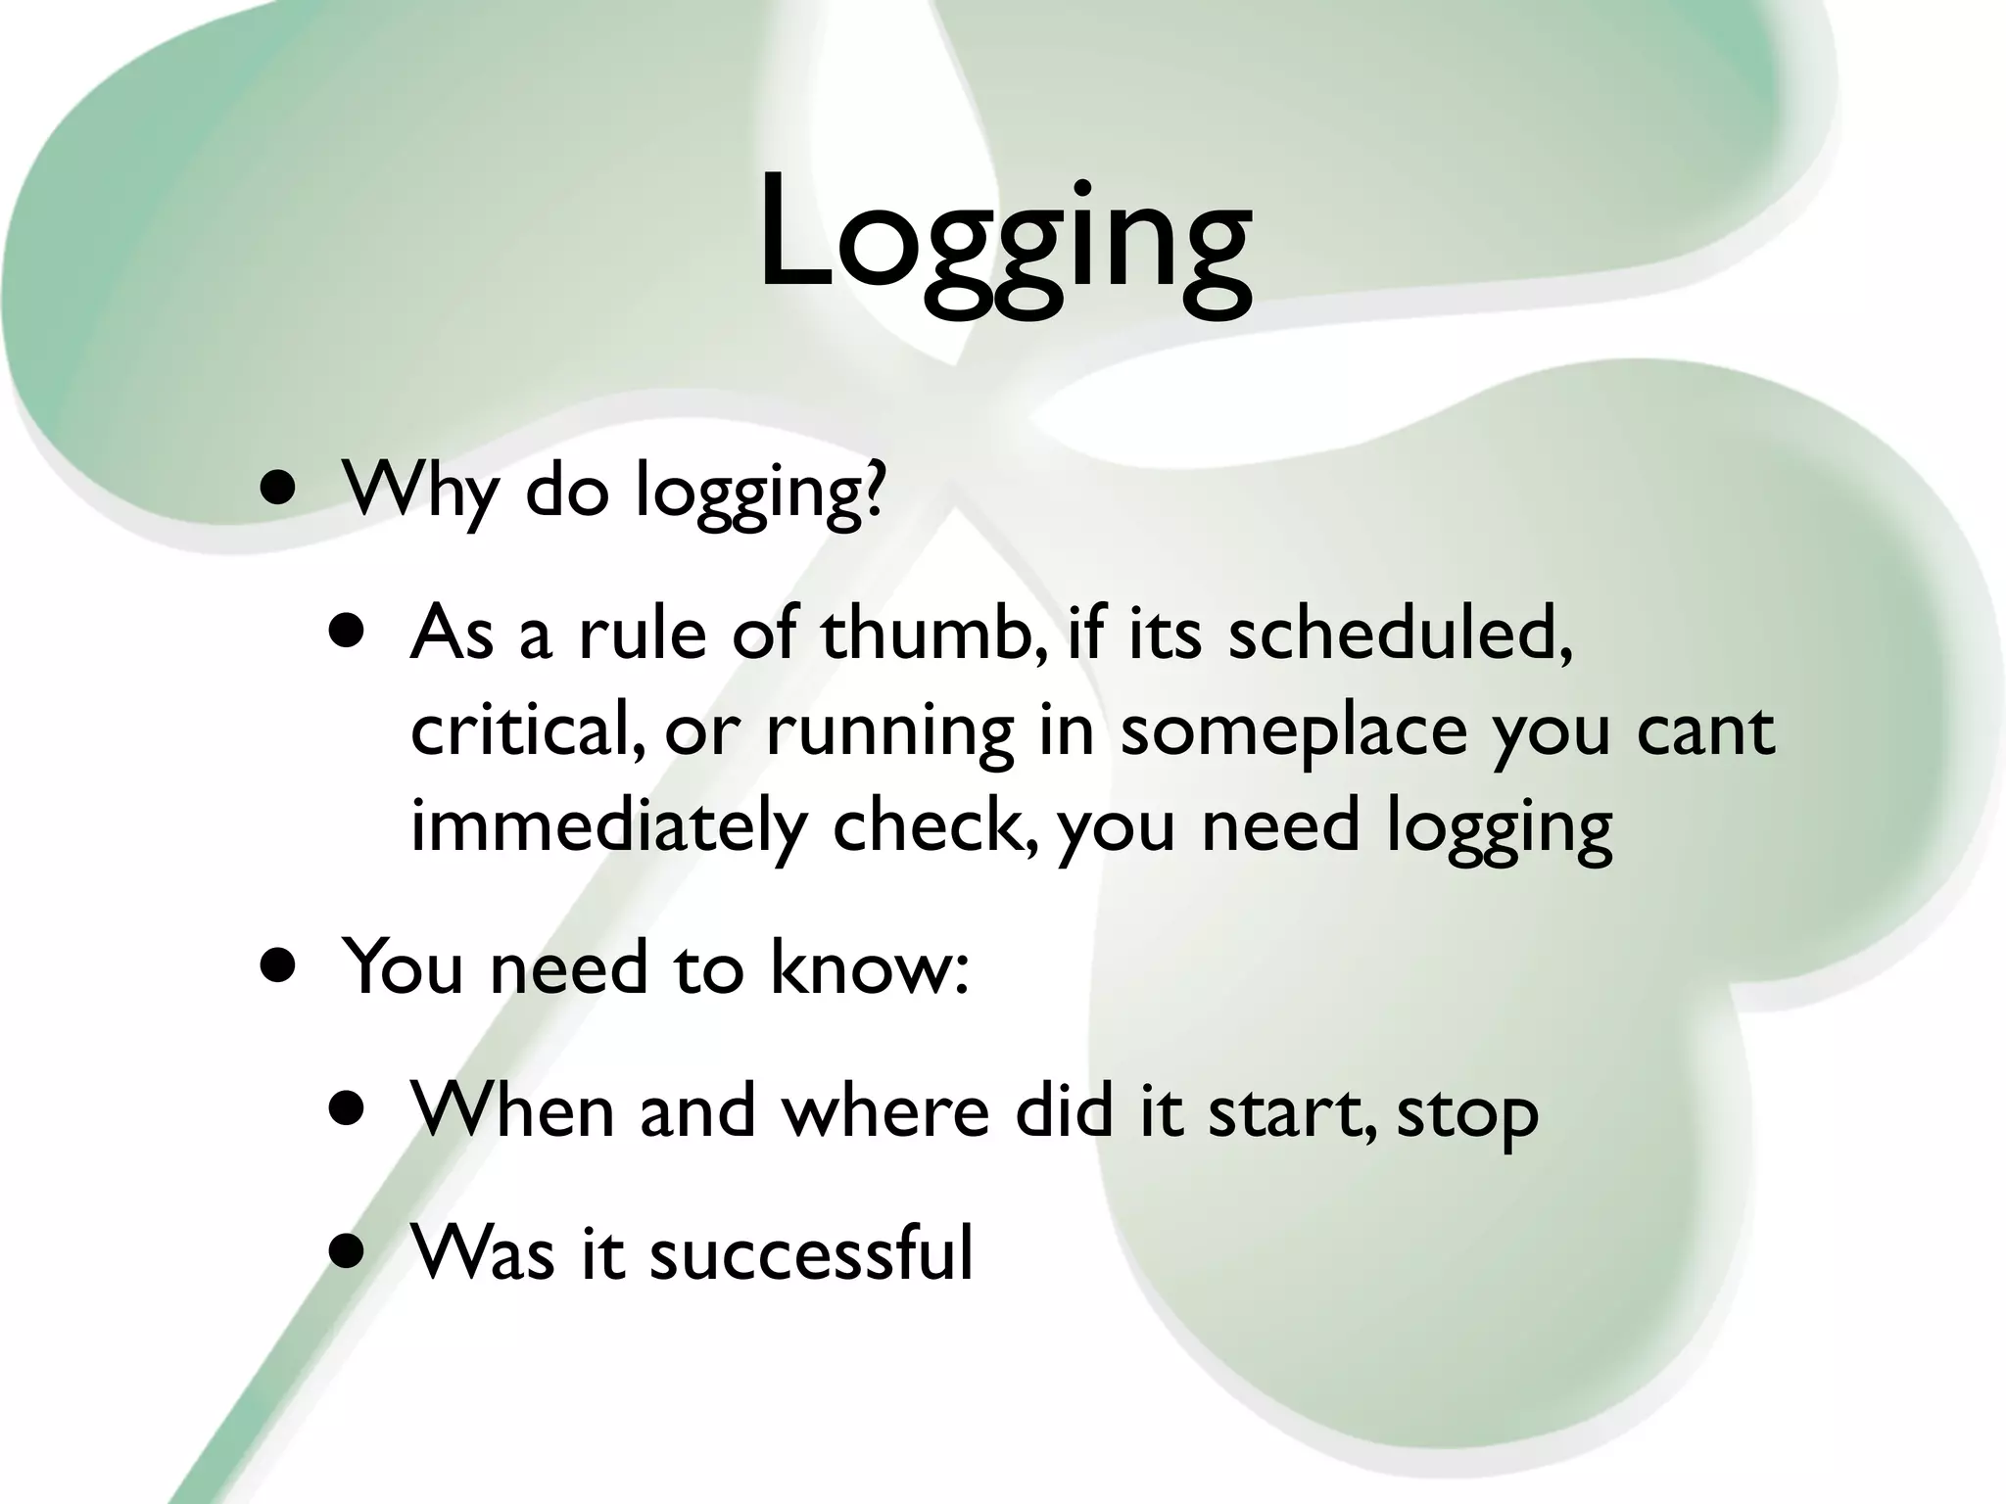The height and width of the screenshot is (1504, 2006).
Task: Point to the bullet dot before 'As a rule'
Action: pos(348,632)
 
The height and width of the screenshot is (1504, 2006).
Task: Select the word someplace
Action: pos(1293,732)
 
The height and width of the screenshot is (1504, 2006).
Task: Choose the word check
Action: pos(932,824)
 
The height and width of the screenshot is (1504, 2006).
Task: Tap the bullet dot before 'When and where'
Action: pos(348,1108)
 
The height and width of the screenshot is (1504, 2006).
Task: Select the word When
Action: pos(513,1110)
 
